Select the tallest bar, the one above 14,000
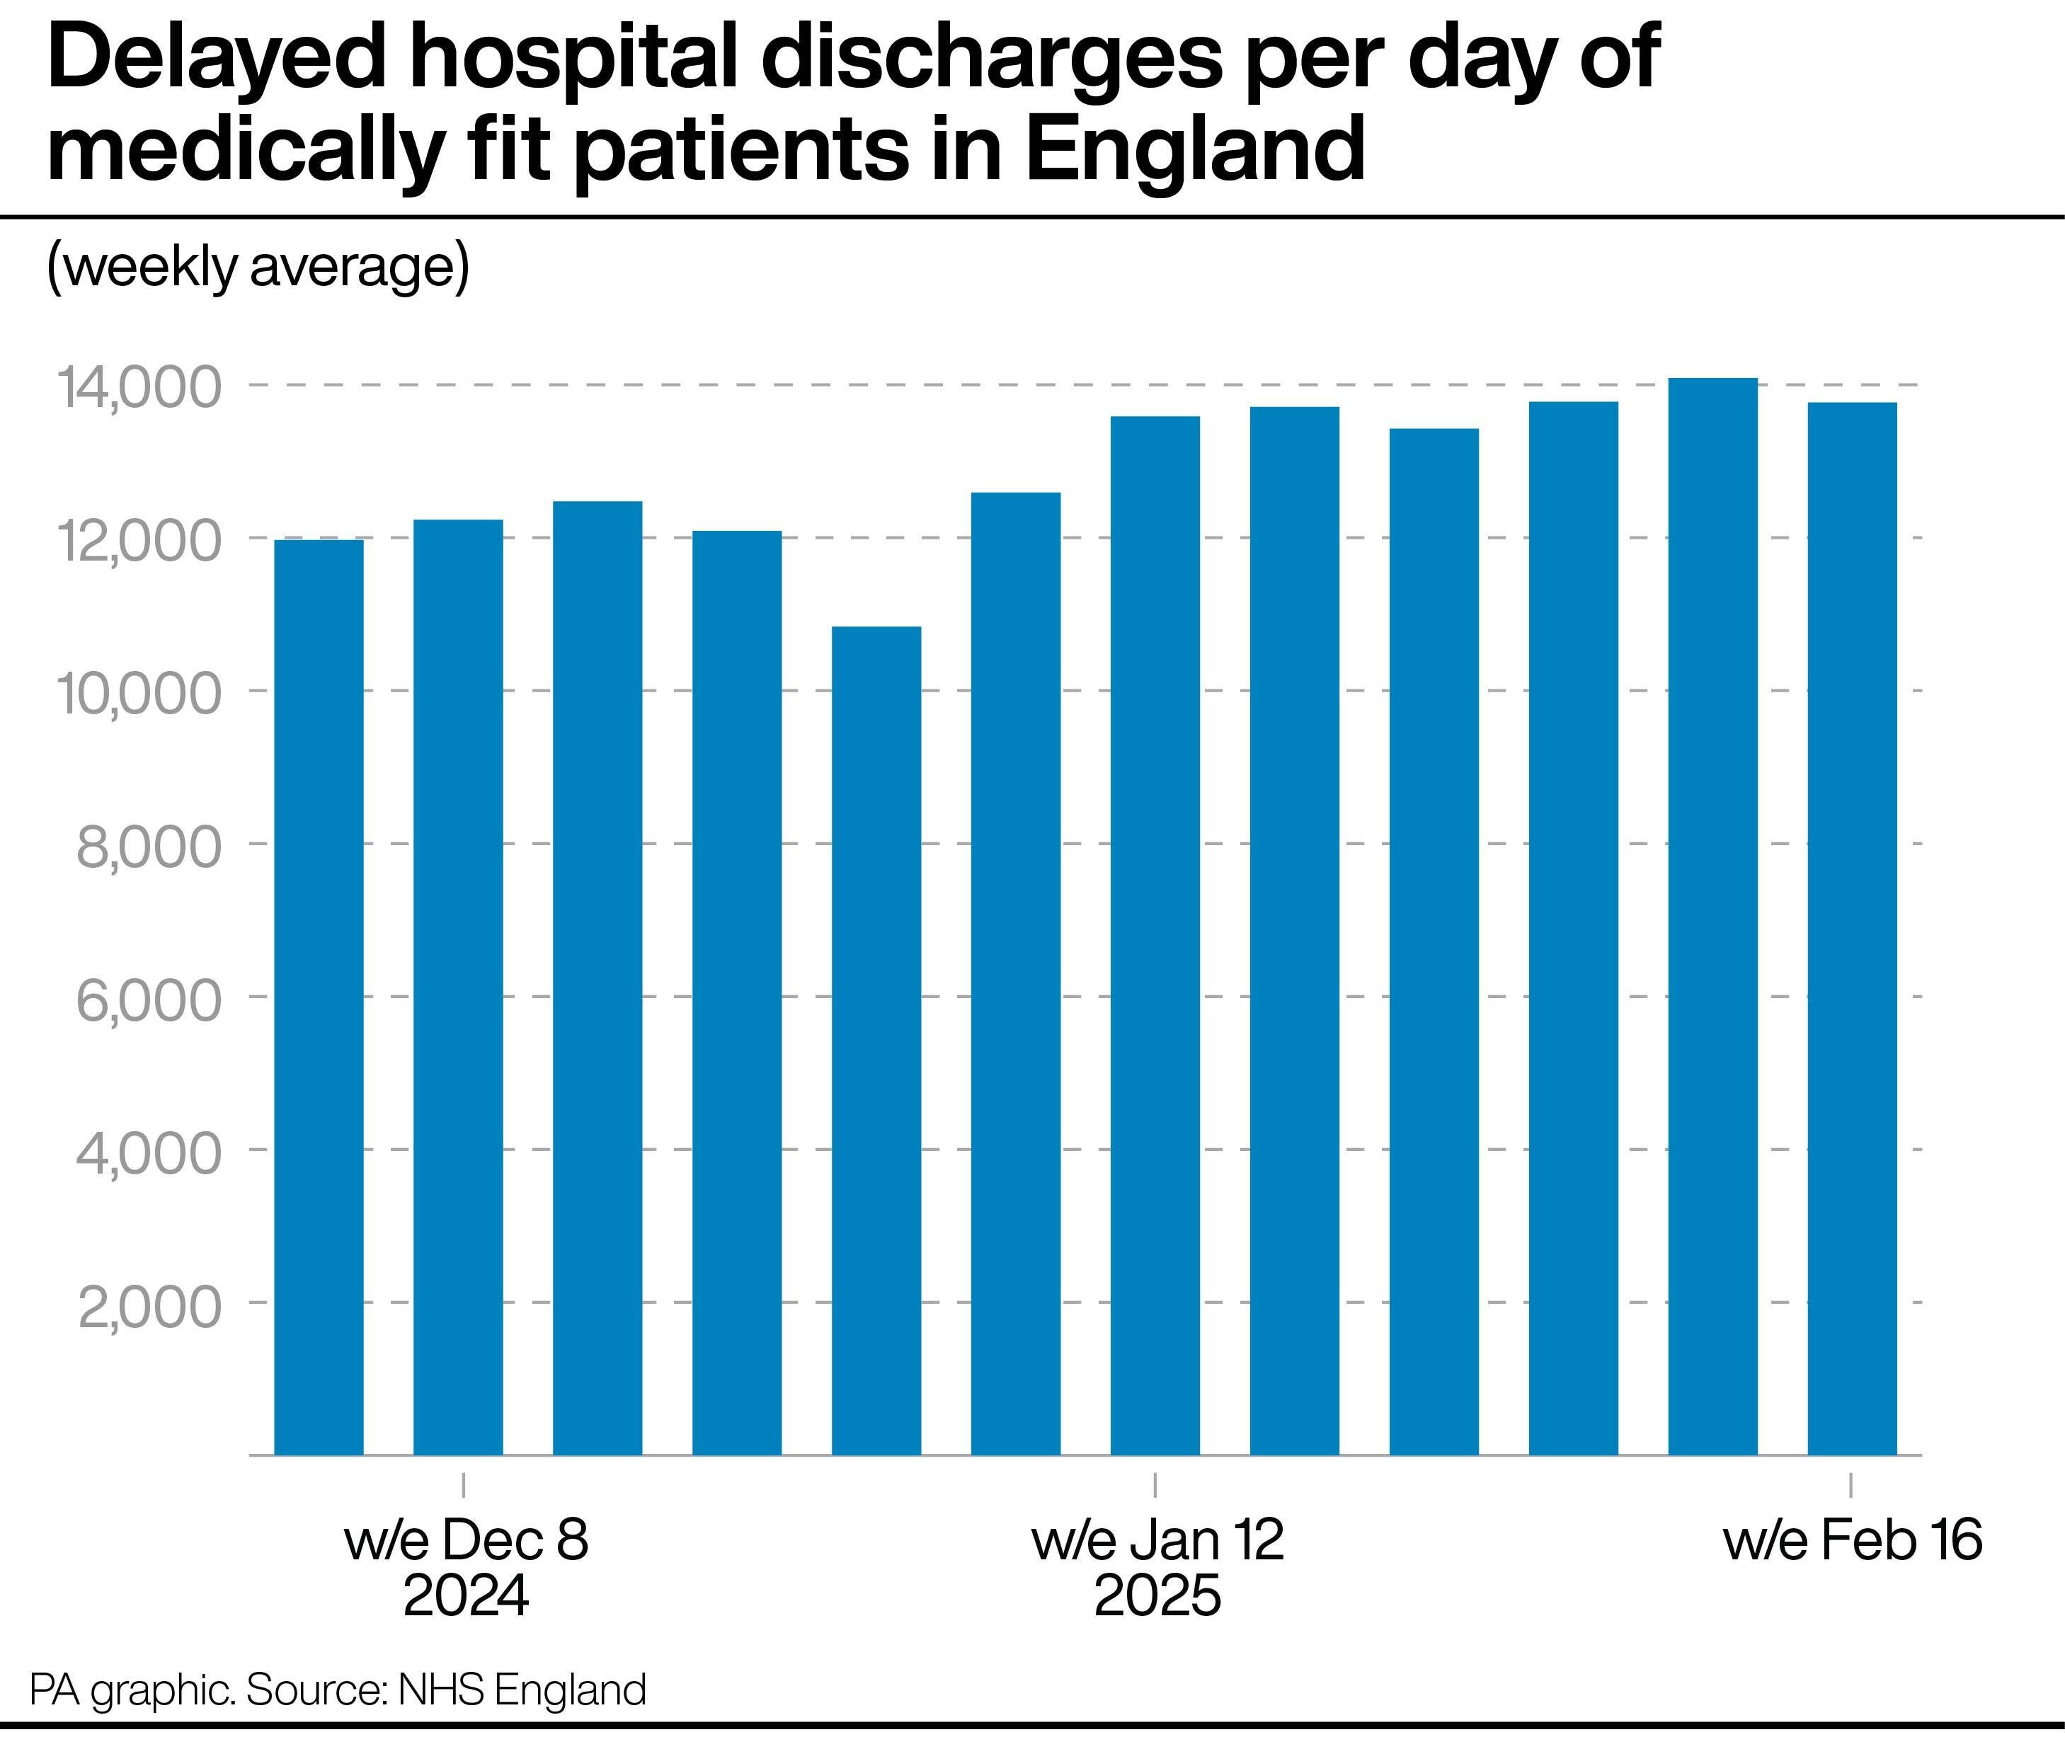pyautogui.click(x=1712, y=916)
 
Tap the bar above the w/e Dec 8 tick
pyautogui.click(x=458, y=985)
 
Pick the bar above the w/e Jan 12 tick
pyautogui.click(x=1155, y=936)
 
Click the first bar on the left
pyautogui.click(x=318, y=994)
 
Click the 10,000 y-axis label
pyautogui.click(x=139, y=693)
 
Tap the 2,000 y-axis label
pyautogui.click(x=149, y=1306)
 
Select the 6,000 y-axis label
pyautogui.click(x=149, y=999)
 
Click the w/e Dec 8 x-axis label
pyautogui.click(x=466, y=1539)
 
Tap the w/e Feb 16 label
pyautogui.click(x=1851, y=1539)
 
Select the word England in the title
pyautogui.click(x=1194, y=149)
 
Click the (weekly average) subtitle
pyautogui.click(x=258, y=267)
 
